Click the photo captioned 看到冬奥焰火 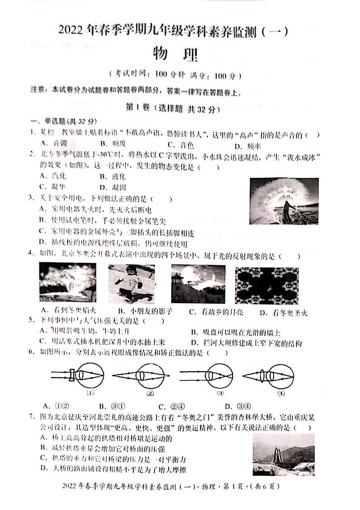tap(68, 283)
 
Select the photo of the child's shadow tap(131, 284)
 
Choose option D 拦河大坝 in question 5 tap(246, 343)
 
